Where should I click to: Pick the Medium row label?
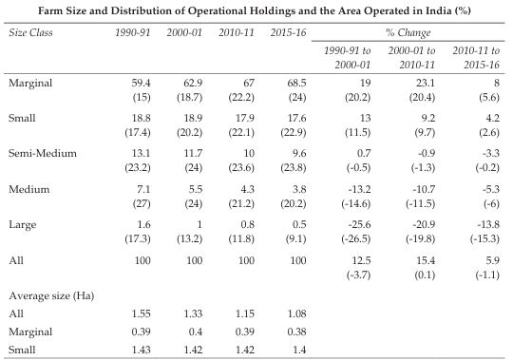(x=28, y=189)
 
